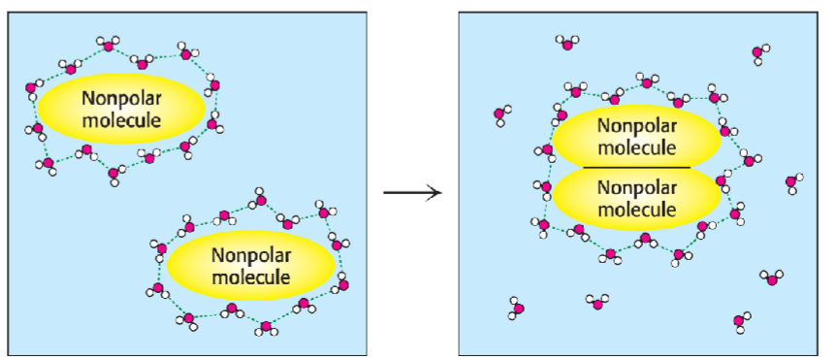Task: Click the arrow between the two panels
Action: [x=412, y=191]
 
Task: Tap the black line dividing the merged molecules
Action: [x=636, y=168]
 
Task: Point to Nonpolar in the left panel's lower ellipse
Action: [x=250, y=254]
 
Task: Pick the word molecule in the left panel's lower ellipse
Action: [x=250, y=277]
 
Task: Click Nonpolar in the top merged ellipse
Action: [x=637, y=125]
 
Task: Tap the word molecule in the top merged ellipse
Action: [x=637, y=147]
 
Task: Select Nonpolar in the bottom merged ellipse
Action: [x=637, y=186]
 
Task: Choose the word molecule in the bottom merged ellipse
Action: [x=637, y=209]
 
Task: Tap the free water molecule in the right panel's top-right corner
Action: [x=759, y=53]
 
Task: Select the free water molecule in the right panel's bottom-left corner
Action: [x=517, y=310]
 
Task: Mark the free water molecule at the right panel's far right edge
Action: [x=793, y=183]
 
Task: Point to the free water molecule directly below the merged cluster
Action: [x=597, y=302]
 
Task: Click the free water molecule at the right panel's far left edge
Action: [x=500, y=116]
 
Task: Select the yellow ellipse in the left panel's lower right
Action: [x=250, y=265]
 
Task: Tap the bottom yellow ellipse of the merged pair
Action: [x=637, y=198]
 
